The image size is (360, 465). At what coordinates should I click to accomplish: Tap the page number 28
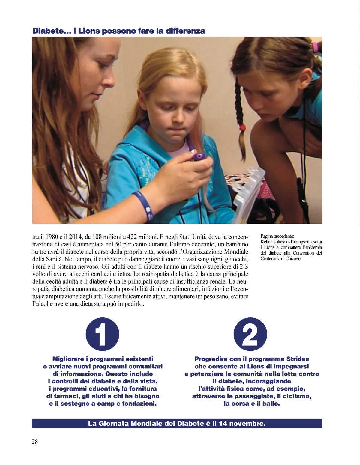pyautogui.click(x=35, y=441)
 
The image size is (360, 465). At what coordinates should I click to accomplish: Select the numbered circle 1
pyautogui.click(x=102, y=334)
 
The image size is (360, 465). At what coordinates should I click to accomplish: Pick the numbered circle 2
pyautogui.click(x=250, y=334)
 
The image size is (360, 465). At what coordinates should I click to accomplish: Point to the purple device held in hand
pyautogui.click(x=198, y=156)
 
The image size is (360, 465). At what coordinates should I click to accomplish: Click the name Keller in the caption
pyautogui.click(x=266, y=242)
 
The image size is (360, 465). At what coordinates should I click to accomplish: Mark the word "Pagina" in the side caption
pyautogui.click(x=267, y=236)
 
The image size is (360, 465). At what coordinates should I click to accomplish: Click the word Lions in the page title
pyautogui.click(x=89, y=31)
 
